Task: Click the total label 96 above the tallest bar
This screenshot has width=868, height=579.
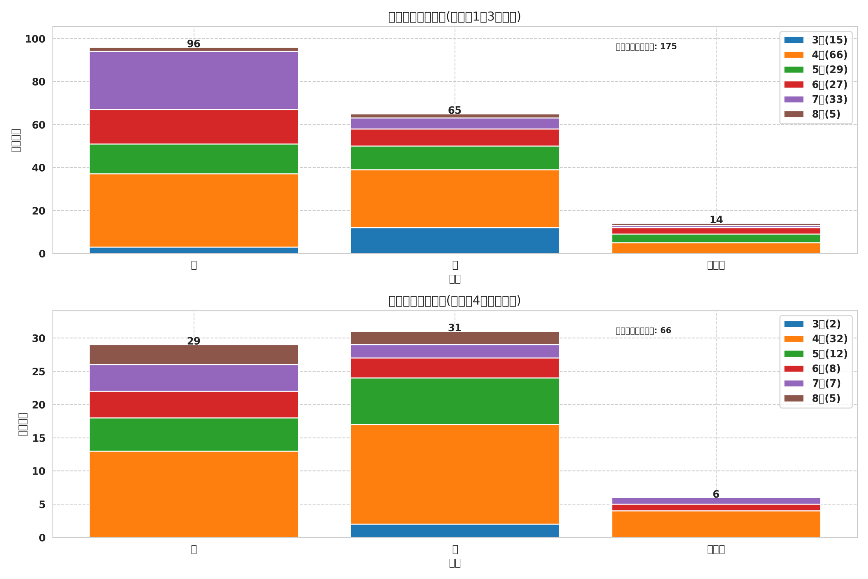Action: tap(193, 44)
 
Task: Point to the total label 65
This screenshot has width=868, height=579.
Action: tap(454, 111)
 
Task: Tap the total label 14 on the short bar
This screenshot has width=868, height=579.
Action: tap(716, 220)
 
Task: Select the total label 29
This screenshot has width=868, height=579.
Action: tap(193, 341)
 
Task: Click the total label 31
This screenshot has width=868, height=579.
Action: tap(454, 328)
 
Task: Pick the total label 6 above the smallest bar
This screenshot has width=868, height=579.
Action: tap(716, 494)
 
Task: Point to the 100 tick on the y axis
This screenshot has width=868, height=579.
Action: tap(35, 39)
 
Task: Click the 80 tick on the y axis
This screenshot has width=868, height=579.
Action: tap(38, 82)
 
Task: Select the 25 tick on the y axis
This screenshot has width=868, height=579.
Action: tap(38, 372)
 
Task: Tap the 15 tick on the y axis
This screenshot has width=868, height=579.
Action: tap(38, 438)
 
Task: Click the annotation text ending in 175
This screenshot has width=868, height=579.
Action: tap(646, 47)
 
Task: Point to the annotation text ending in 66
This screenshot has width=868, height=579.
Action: tap(643, 331)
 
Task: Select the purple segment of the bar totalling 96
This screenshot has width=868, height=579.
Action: tap(193, 80)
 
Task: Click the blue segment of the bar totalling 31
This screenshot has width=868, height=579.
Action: tap(454, 530)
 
